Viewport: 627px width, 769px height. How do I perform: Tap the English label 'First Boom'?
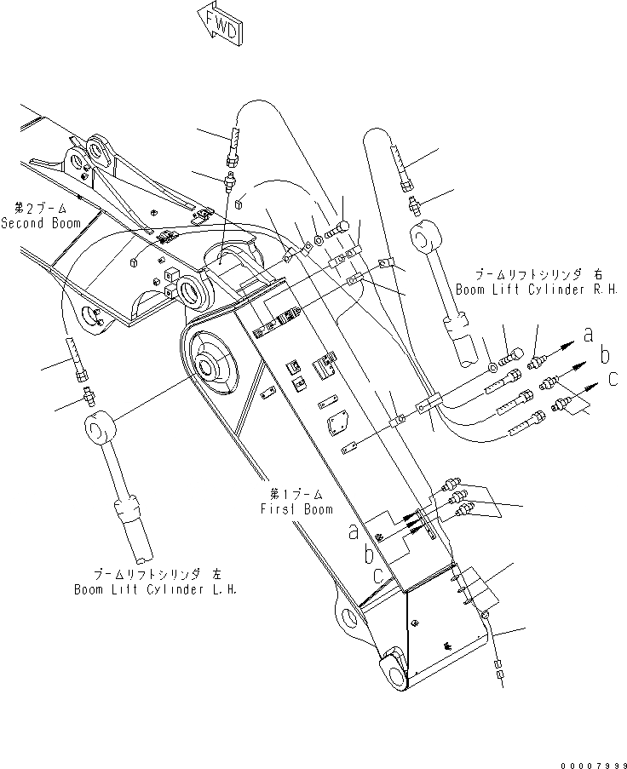coord(296,509)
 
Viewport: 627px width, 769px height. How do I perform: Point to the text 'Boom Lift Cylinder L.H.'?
coord(155,588)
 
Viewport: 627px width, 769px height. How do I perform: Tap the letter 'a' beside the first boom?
coord(352,532)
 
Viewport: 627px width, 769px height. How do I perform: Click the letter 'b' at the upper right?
coord(605,353)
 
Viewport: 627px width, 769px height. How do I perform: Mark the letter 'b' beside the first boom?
coord(366,554)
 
